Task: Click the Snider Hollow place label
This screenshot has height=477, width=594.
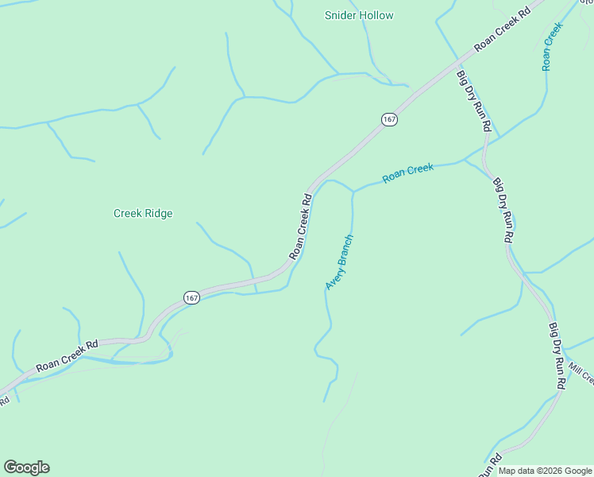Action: [359, 15]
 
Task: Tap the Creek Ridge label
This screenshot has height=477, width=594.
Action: [143, 213]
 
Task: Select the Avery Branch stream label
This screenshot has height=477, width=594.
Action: [339, 262]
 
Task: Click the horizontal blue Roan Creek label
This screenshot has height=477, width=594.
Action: [408, 173]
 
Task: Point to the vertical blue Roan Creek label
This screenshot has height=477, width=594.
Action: [553, 46]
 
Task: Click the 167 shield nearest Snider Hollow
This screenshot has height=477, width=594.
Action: [388, 119]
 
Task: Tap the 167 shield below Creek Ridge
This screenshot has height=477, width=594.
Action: [191, 297]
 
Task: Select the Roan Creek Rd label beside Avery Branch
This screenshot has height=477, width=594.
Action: [299, 226]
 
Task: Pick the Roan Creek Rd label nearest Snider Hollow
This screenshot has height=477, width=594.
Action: [502, 31]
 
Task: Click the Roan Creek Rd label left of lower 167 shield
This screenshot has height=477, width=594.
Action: [67, 357]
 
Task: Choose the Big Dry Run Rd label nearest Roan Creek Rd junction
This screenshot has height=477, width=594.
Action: [474, 101]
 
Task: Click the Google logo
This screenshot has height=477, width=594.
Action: [26, 467]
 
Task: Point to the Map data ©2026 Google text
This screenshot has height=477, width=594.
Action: [546, 471]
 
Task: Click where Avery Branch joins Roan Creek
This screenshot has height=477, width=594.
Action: [353, 192]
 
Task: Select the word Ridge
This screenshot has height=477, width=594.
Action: [159, 213]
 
